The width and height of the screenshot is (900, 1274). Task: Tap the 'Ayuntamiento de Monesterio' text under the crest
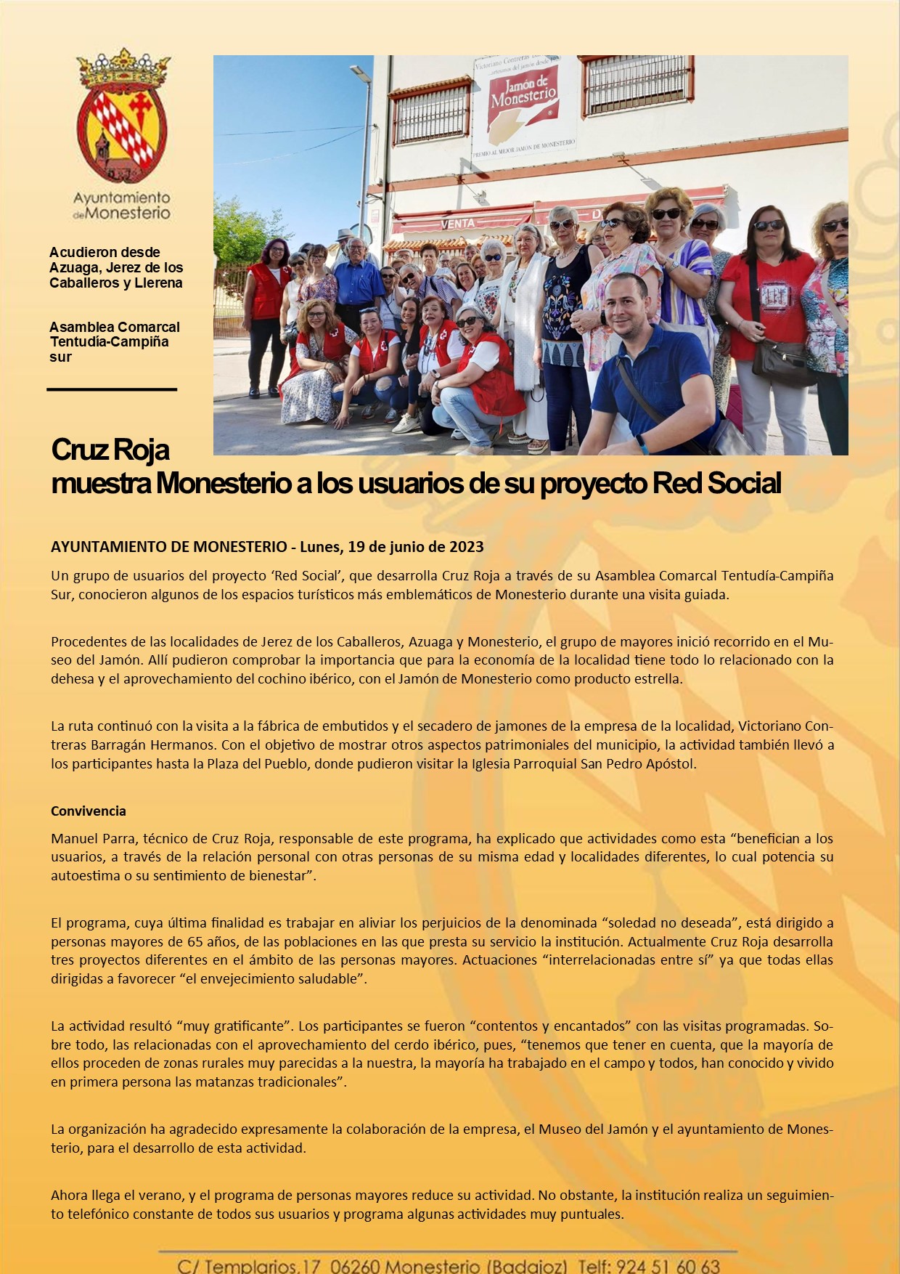coord(122,206)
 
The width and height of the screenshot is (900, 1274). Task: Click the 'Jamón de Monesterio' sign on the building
coord(523,94)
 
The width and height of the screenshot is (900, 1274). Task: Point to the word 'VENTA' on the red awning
coord(457,224)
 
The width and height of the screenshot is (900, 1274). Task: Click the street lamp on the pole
coord(360,73)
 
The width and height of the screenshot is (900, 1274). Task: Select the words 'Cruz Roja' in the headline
coord(110,450)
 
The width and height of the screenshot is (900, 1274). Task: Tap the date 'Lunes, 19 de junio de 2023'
coord(391,547)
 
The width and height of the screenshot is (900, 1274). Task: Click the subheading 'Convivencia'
coord(89,811)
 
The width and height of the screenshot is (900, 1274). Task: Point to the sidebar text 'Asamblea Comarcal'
coord(115,327)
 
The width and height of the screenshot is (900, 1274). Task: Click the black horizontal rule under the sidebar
coord(112,390)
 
